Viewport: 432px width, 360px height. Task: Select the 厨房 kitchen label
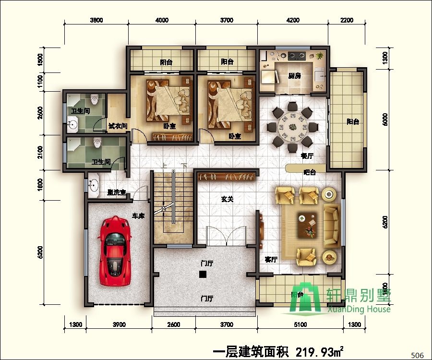294,76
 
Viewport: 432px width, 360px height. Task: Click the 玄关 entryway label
227,199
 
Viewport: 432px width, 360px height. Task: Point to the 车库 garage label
138,216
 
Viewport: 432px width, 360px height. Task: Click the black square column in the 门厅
203,275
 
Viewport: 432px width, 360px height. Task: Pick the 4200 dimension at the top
293,20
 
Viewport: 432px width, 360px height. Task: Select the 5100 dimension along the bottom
300,325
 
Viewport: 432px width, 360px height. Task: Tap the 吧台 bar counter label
310,172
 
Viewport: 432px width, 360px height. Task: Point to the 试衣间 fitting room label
118,126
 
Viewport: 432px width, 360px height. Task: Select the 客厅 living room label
271,260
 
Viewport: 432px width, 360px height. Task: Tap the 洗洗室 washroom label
116,192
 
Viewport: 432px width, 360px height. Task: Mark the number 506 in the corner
418,355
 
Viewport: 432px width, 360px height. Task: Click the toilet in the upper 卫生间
95,99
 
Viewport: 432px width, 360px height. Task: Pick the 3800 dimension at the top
96,20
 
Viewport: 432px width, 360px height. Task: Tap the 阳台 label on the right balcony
353,122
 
